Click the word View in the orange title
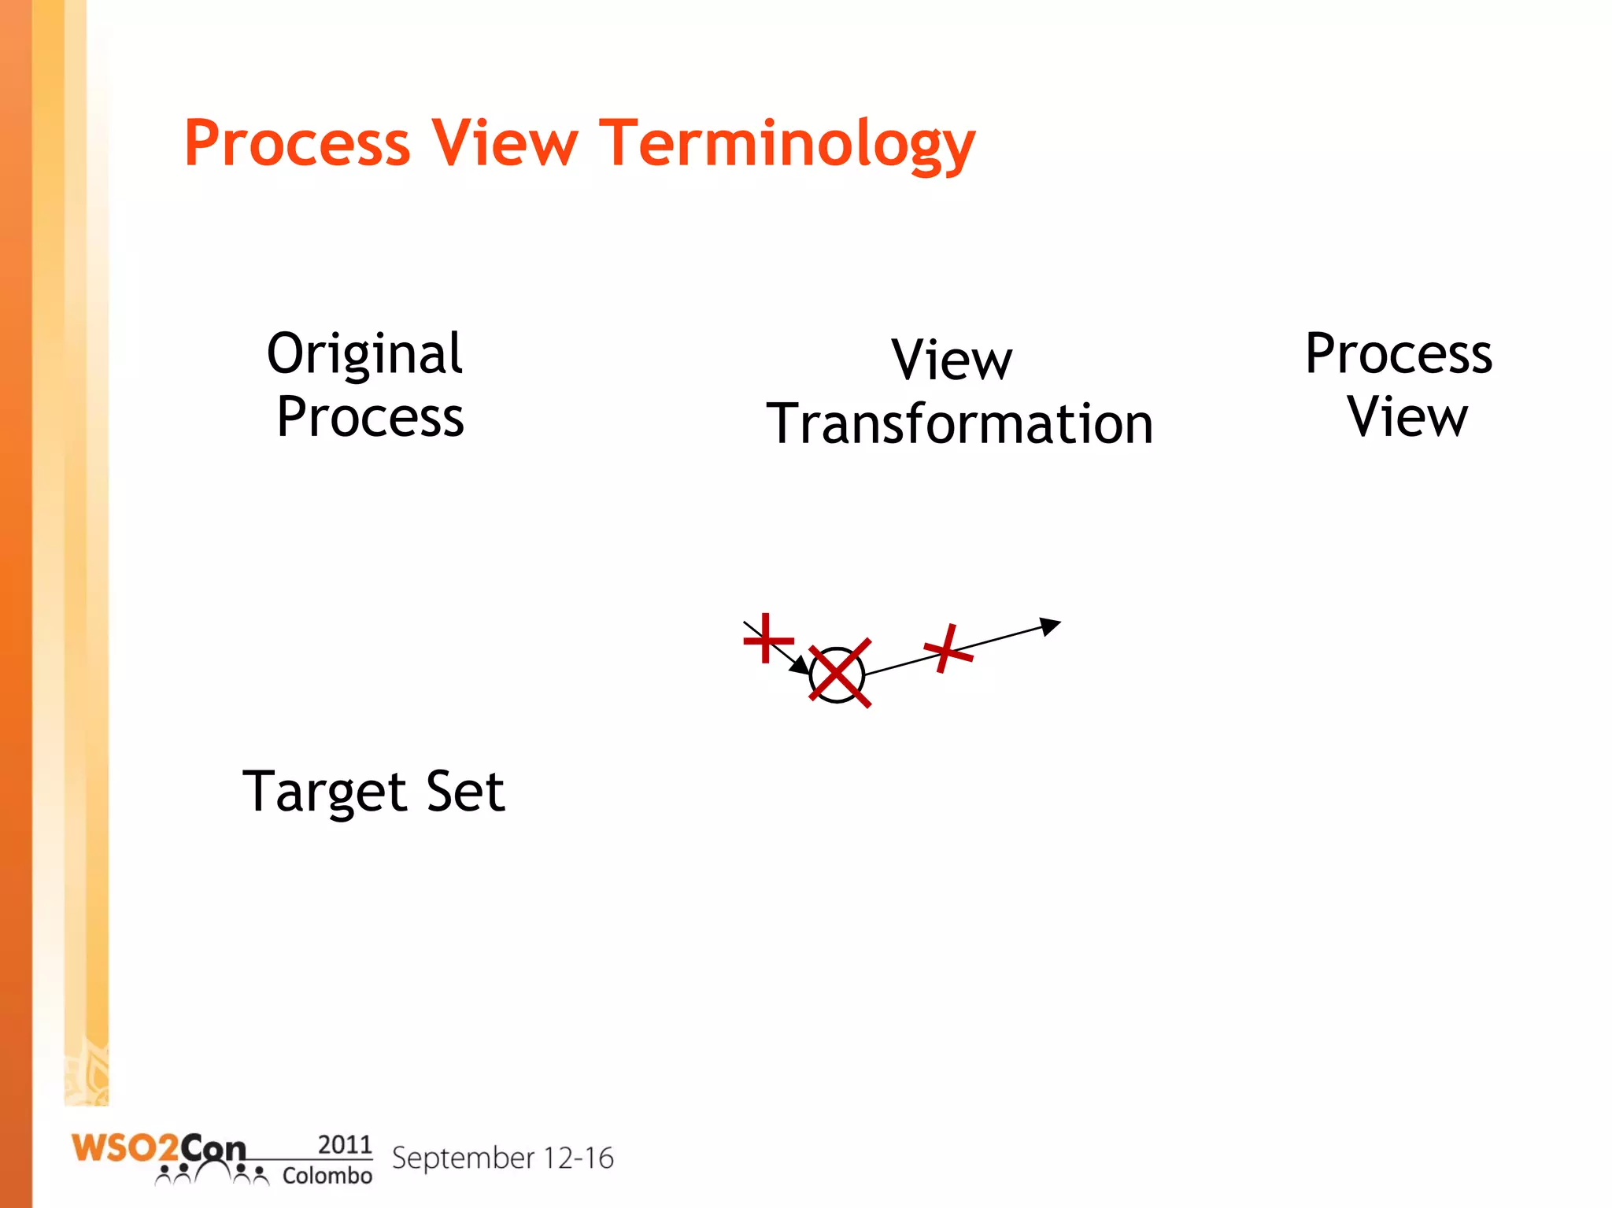(505, 143)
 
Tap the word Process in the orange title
(297, 143)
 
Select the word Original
(364, 354)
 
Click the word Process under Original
(370, 417)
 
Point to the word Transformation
(959, 424)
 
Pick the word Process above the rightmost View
(1398, 353)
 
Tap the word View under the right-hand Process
(1407, 416)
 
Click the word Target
(324, 792)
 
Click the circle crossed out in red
(837, 674)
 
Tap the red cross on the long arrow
(948, 649)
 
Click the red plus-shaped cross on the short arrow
(767, 638)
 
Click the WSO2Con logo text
(157, 1149)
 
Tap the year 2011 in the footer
(344, 1144)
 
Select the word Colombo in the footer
(327, 1176)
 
